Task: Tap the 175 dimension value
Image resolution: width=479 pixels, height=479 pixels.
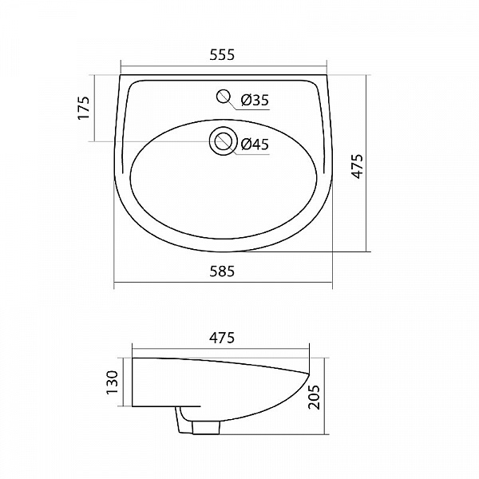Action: [x=82, y=108]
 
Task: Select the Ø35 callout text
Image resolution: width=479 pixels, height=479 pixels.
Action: [x=255, y=100]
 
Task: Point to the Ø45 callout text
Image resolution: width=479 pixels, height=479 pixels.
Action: [x=255, y=144]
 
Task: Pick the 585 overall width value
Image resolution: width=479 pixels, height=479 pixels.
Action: [x=223, y=271]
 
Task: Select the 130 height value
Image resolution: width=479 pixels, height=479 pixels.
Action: [x=113, y=382]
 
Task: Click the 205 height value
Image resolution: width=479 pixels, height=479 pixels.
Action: [x=315, y=397]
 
